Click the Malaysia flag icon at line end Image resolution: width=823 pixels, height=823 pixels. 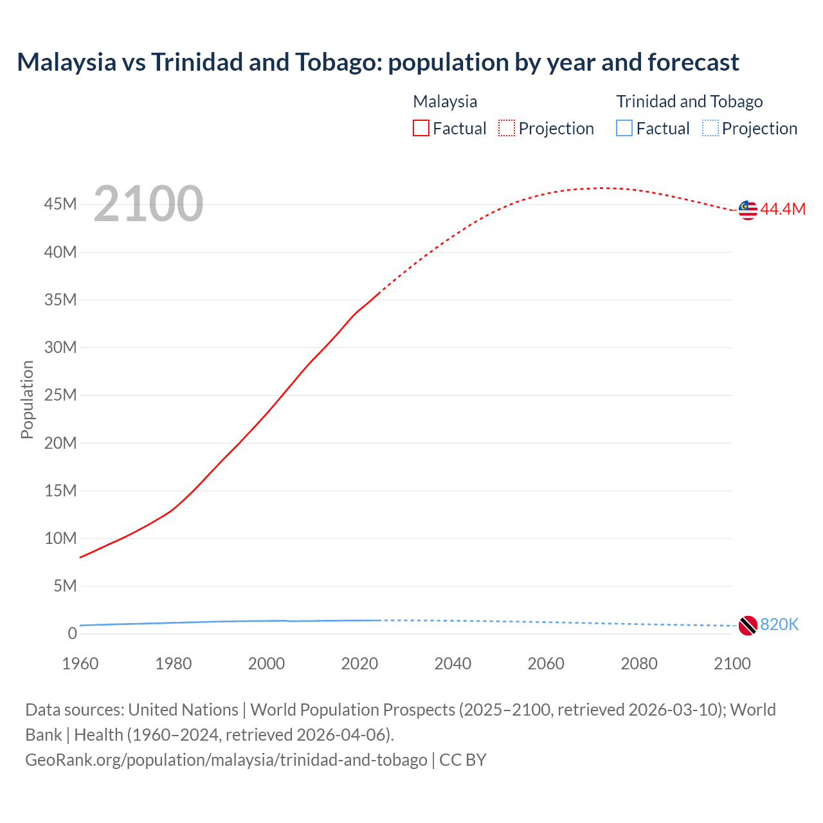(x=748, y=210)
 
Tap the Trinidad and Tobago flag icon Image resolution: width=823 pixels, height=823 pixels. (x=748, y=625)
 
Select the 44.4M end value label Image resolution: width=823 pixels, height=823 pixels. (x=782, y=209)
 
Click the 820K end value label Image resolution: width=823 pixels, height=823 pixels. (x=779, y=624)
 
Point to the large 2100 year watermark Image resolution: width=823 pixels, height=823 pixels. (x=148, y=204)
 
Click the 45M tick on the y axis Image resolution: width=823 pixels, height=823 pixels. (x=60, y=204)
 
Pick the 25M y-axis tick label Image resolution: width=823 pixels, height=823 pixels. (x=60, y=395)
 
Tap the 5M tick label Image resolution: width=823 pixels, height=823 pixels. (x=65, y=586)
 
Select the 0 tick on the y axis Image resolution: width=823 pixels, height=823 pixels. (x=72, y=633)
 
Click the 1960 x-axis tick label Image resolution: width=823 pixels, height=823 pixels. (x=80, y=664)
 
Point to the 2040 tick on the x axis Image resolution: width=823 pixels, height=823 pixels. (x=453, y=664)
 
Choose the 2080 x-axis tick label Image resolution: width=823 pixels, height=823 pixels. (x=639, y=664)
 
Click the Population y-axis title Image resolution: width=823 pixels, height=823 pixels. (x=27, y=399)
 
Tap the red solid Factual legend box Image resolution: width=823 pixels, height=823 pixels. (x=421, y=128)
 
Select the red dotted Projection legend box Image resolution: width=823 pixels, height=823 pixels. (x=507, y=128)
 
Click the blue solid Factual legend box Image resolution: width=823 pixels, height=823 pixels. (x=624, y=128)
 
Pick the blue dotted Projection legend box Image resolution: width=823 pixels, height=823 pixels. (x=710, y=128)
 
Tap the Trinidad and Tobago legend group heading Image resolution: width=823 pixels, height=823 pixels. (x=689, y=102)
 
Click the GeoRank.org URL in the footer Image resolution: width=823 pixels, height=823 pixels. (x=226, y=759)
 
